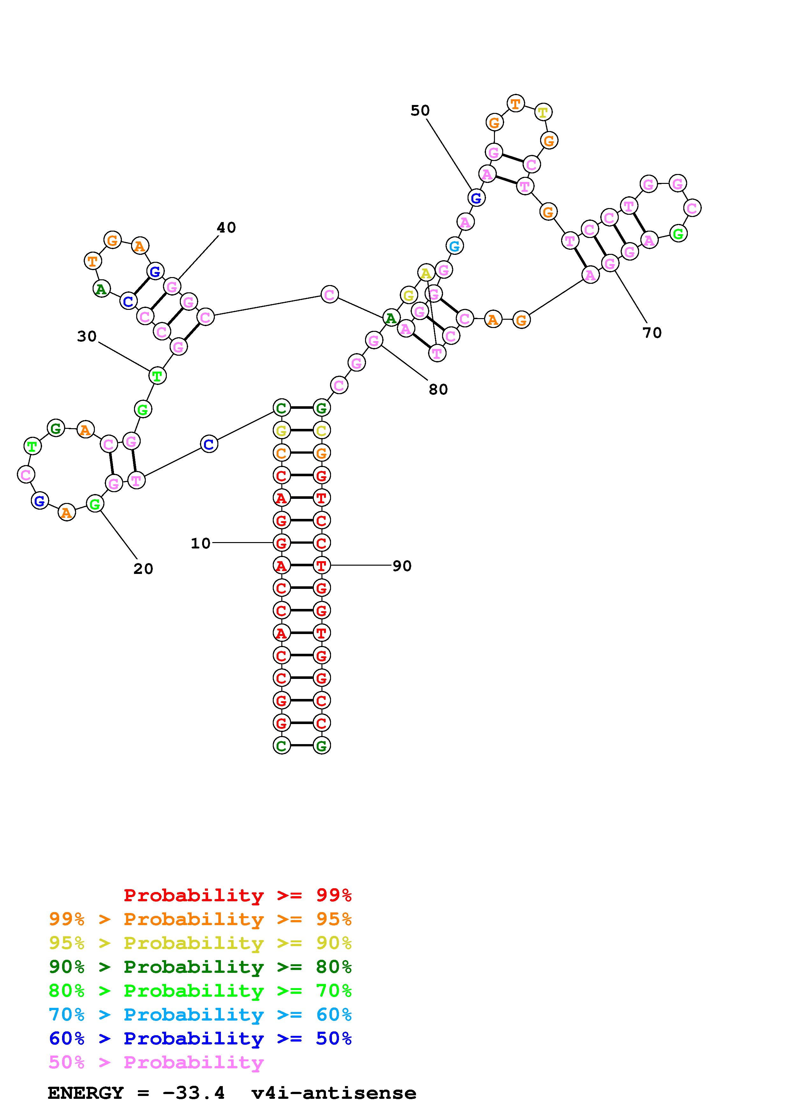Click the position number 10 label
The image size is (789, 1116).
(200, 543)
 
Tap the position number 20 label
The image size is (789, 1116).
(144, 569)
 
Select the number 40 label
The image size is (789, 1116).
(226, 227)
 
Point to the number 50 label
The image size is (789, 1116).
(420, 111)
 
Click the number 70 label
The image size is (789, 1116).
(652, 333)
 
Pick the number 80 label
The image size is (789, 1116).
(438, 389)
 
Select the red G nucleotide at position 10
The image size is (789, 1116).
(281, 543)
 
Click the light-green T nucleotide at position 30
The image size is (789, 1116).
(157, 376)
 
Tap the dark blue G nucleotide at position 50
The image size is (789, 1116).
(476, 198)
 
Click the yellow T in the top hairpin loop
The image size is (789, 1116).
(543, 113)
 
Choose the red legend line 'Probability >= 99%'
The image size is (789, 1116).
(238, 895)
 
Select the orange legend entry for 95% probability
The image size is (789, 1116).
(200, 919)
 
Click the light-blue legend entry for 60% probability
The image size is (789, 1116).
(200, 1015)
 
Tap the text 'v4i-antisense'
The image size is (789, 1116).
(334, 1093)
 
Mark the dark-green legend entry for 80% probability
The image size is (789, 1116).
(200, 967)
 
